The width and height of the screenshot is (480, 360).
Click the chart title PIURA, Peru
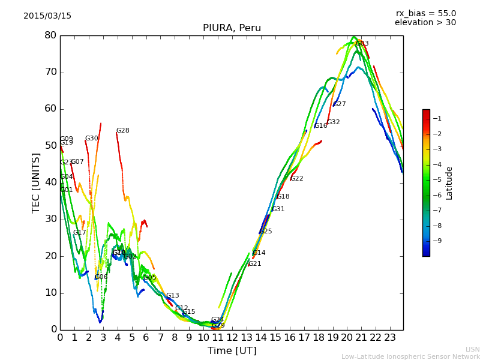[232, 28]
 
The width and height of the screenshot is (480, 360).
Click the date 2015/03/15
[47, 16]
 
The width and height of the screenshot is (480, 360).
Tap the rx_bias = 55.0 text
[425, 13]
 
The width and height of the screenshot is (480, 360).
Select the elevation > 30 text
[425, 23]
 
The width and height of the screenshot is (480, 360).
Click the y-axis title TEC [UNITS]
[36, 182]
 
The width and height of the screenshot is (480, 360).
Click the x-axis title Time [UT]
[232, 351]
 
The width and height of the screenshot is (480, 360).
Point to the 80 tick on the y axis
[50, 35]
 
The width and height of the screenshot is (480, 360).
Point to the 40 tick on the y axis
[50, 182]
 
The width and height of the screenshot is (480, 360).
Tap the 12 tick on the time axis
[232, 338]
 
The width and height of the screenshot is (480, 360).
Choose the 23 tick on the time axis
[390, 338]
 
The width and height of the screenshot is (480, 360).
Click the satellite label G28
[122, 131]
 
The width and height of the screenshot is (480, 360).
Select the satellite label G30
[91, 139]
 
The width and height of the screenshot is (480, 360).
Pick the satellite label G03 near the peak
[362, 44]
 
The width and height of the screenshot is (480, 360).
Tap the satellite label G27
[340, 104]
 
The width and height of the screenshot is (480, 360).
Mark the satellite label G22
[297, 179]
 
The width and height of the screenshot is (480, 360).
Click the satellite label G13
[173, 296]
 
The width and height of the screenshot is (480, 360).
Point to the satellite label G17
[80, 233]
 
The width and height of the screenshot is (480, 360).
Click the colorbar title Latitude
[449, 183]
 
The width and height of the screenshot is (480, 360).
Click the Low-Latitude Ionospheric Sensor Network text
[410, 357]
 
